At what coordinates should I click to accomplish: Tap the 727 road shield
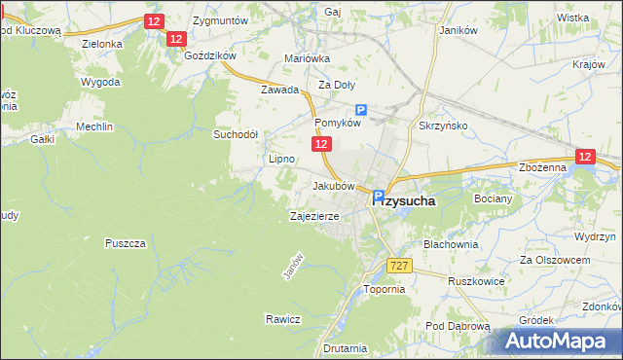(x=397, y=266)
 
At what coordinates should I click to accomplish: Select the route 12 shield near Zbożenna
(x=584, y=156)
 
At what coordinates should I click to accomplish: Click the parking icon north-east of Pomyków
(x=361, y=111)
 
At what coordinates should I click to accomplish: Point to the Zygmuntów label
(x=221, y=19)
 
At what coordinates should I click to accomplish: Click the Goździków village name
(x=210, y=55)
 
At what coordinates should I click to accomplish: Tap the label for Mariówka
(x=308, y=58)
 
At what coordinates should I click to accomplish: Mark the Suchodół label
(x=236, y=134)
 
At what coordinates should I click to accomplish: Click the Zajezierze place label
(x=313, y=216)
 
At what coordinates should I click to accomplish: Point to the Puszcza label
(x=128, y=242)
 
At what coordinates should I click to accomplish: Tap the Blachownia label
(x=451, y=244)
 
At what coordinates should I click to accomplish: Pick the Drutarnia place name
(x=346, y=347)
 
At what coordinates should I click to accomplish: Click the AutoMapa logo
(x=560, y=341)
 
